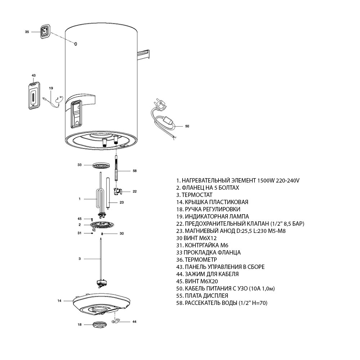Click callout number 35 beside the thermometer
pyautogui.click(x=27, y=32)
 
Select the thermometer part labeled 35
pyautogui.click(x=44, y=32)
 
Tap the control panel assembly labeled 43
pyautogui.click(x=33, y=96)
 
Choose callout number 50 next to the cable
pyautogui.click(x=187, y=126)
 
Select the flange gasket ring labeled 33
pyautogui.click(x=100, y=165)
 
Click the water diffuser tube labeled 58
pyautogui.click(x=116, y=169)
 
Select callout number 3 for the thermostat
pyautogui.click(x=79, y=259)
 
